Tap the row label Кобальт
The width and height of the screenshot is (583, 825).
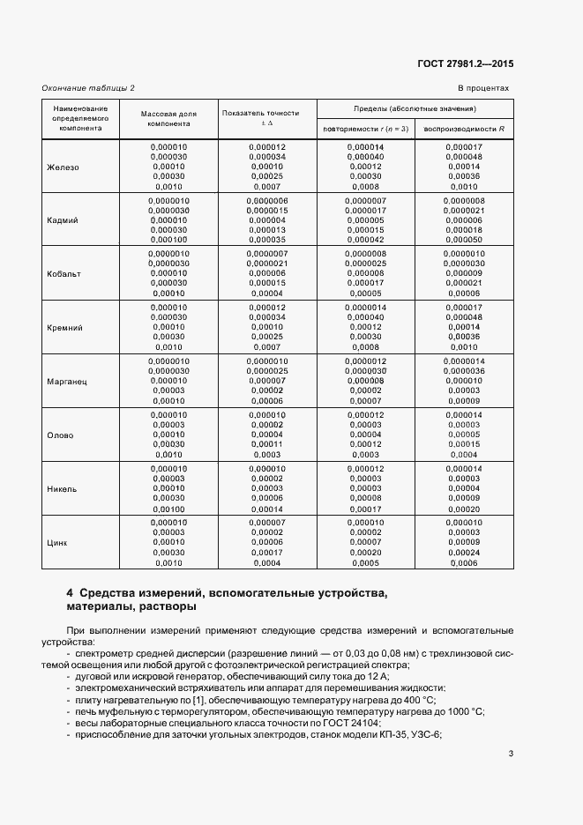[x=64, y=274]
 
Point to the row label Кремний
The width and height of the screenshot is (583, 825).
[x=64, y=328]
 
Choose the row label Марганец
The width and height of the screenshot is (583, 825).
[x=66, y=382]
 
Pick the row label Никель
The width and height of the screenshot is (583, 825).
[x=62, y=489]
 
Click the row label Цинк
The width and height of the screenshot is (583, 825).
[x=58, y=542]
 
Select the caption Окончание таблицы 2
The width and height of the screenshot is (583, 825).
[x=88, y=88]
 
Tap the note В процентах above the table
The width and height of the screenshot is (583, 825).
[x=483, y=88]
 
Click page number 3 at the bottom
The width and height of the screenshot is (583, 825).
[x=512, y=753]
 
